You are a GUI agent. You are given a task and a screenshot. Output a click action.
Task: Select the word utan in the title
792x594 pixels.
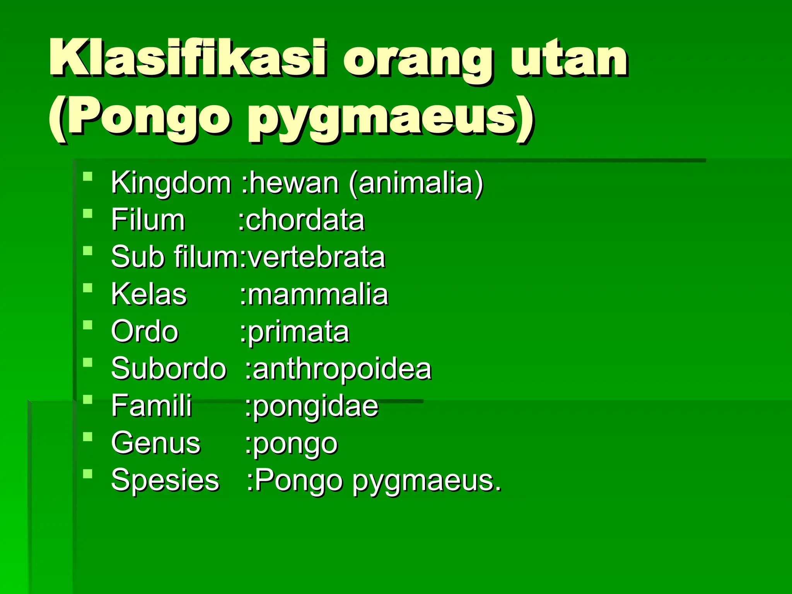pos(568,58)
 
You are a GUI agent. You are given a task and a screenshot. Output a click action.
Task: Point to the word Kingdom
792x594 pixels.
pos(171,183)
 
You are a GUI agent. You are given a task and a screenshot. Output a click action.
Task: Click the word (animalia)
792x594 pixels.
pos(416,183)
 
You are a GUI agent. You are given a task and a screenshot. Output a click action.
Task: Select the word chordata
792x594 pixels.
pos(305,220)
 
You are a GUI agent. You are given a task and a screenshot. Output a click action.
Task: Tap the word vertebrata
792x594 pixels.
pos(316,257)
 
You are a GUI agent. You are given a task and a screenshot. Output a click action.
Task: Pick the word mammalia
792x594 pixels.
pos(317,294)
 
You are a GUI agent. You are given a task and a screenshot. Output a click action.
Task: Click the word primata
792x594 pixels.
pos(298,332)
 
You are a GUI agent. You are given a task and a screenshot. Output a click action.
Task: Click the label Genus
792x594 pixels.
pos(156,443)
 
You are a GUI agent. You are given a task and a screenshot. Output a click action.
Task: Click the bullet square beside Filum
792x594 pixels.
pos(88,214)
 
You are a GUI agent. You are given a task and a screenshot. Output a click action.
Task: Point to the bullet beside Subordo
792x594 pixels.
pos(88,362)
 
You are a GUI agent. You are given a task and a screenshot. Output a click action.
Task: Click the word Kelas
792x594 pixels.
pos(149,294)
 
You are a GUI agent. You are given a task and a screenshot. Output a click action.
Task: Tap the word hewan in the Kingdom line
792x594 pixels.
pos(294,183)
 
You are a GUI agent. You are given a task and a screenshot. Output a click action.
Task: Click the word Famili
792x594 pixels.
pos(151,406)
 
